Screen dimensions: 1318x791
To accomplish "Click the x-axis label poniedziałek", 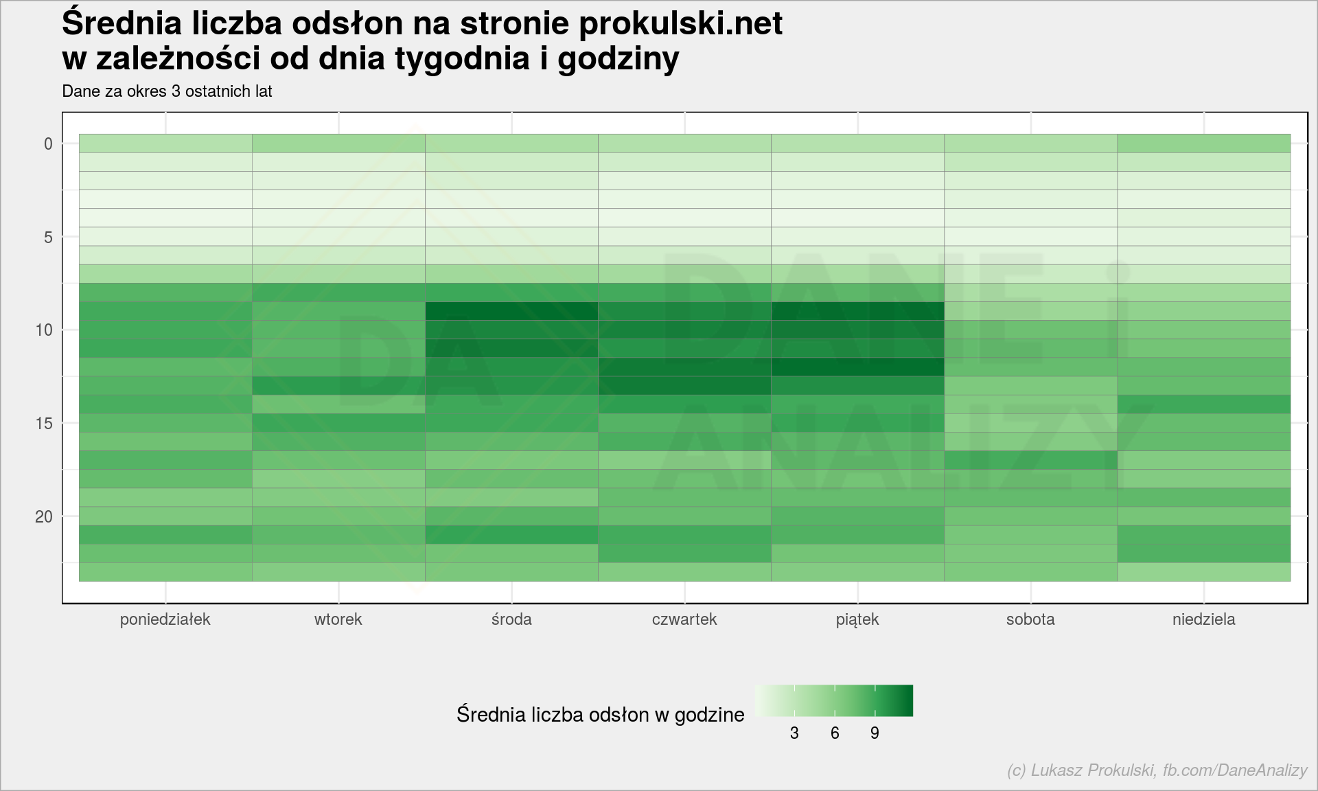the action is click(165, 619).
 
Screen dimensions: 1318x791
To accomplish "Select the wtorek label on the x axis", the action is click(338, 619).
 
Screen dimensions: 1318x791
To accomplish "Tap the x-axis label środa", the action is click(511, 619).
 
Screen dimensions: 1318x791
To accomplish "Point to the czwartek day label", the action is click(684, 619).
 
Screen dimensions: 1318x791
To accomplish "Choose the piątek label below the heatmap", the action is click(857, 620).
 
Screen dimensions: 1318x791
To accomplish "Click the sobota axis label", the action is click(1030, 619).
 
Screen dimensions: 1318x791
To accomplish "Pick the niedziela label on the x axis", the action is click(1203, 619).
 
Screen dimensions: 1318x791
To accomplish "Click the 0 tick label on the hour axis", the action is click(48, 144).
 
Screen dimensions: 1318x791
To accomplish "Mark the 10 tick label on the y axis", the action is click(44, 330).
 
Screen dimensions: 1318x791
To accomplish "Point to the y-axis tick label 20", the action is click(44, 516).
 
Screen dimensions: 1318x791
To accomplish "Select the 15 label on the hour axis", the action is click(44, 423).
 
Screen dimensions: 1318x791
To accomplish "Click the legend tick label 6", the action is click(835, 733).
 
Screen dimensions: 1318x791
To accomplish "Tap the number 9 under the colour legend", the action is click(875, 733).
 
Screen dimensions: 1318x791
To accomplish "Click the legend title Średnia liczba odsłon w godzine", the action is click(601, 715).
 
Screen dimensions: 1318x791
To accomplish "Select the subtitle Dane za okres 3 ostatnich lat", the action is click(167, 91).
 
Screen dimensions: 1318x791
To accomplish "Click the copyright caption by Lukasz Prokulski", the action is click(1157, 770).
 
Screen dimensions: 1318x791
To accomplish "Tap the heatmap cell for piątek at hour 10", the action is click(857, 330).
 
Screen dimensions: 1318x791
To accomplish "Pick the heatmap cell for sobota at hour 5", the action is click(1030, 237).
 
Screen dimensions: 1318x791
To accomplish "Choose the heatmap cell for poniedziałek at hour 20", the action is click(165, 516).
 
